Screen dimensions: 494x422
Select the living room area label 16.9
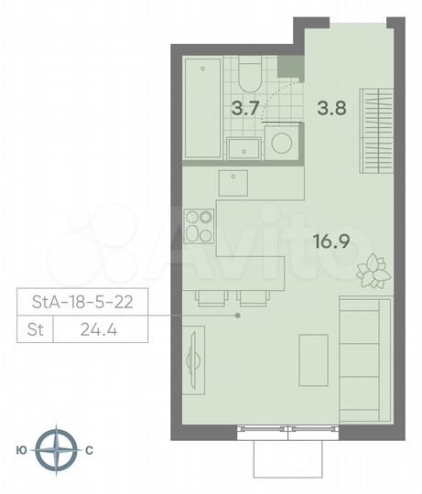click(x=331, y=242)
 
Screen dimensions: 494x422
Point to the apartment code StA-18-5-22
click(x=81, y=301)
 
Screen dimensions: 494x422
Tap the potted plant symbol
click(x=372, y=267)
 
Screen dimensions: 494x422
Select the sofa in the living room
click(x=361, y=348)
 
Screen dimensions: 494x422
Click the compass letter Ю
click(x=21, y=450)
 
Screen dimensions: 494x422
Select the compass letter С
click(x=89, y=450)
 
